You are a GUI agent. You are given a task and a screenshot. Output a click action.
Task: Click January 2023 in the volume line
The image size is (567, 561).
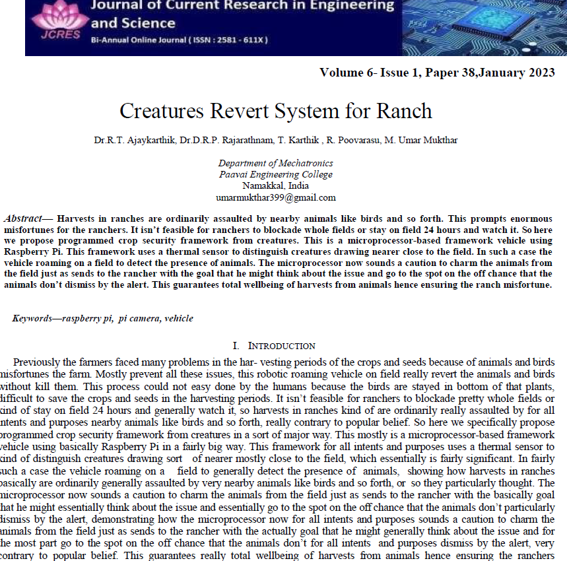(x=517, y=73)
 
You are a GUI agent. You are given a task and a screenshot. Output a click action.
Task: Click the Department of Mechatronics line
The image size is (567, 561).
(x=276, y=163)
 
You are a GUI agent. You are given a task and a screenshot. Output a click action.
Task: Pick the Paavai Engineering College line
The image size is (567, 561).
(x=276, y=174)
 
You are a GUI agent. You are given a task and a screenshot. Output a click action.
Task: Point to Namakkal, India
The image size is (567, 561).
(x=276, y=185)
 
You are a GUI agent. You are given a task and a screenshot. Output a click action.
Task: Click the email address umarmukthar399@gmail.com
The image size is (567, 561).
(x=276, y=197)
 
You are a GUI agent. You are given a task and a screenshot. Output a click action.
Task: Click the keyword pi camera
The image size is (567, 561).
(x=139, y=318)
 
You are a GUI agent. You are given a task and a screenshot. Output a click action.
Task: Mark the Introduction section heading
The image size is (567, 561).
(x=281, y=346)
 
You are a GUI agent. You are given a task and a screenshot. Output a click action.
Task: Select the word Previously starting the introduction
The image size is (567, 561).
(x=37, y=362)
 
